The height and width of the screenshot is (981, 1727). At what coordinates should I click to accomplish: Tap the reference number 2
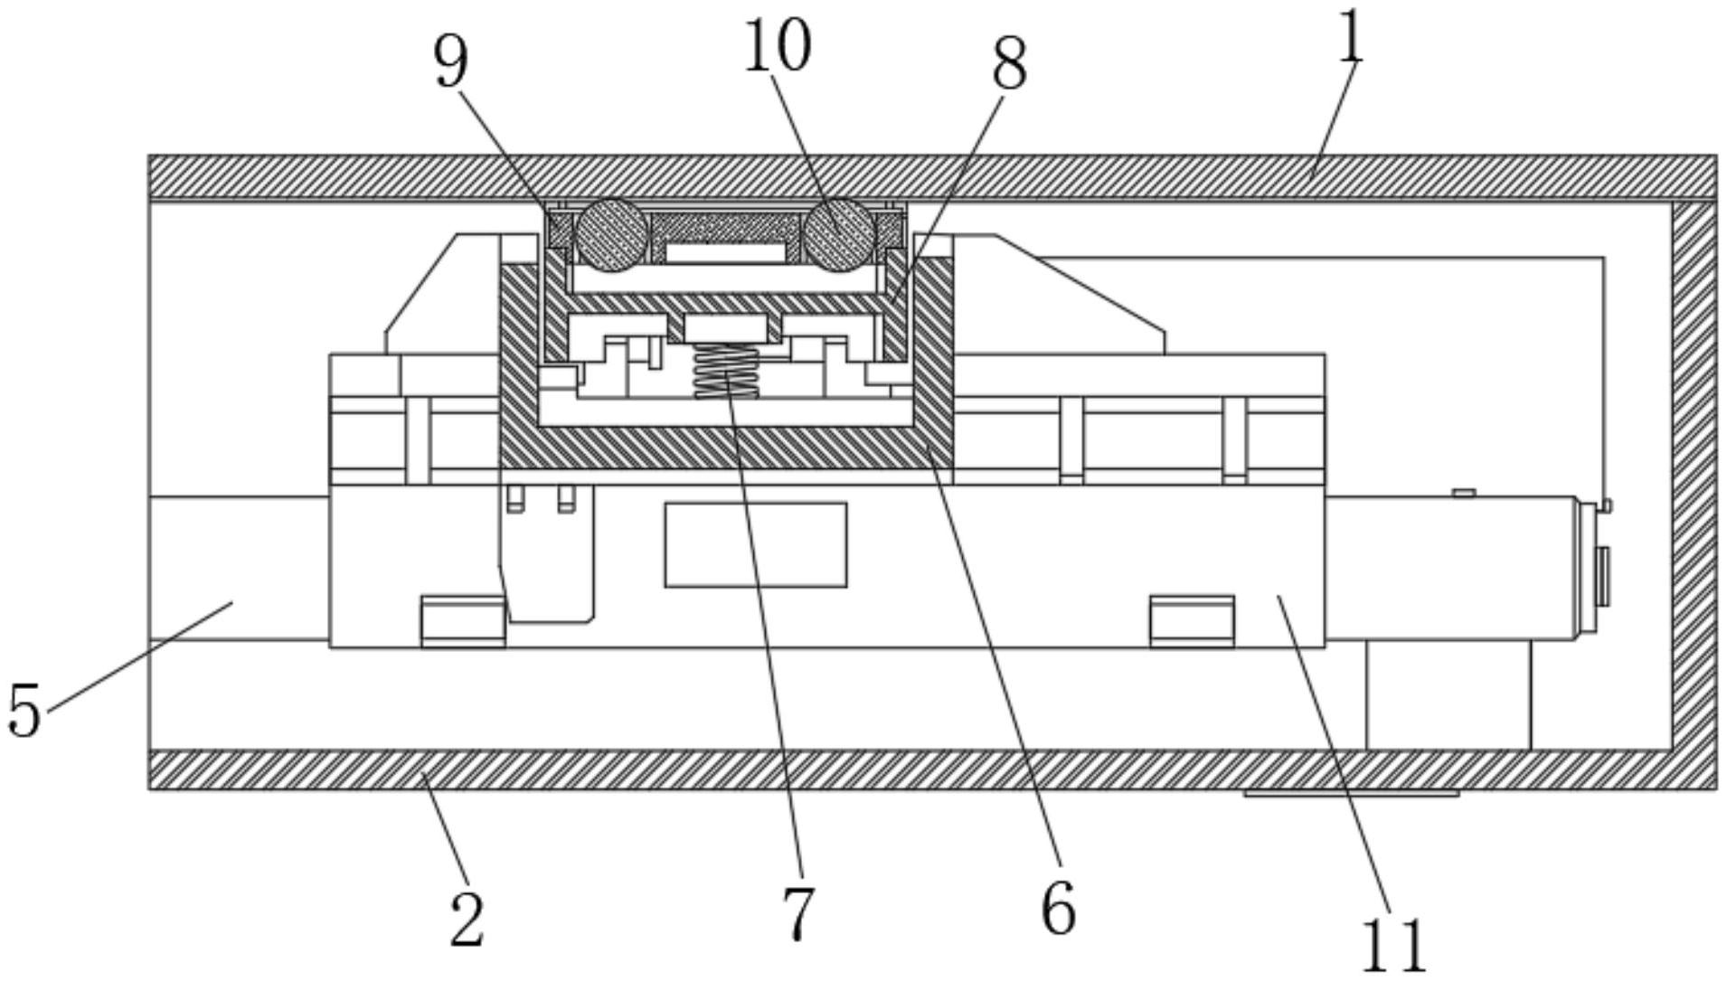pyautogui.click(x=467, y=920)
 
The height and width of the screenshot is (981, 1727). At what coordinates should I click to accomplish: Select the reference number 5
pyautogui.click(x=24, y=710)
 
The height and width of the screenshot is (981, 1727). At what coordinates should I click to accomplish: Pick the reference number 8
pyautogui.click(x=1009, y=65)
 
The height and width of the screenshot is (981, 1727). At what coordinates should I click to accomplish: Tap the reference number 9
pyautogui.click(x=452, y=63)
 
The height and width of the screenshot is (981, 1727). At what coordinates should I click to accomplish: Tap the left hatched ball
pyautogui.click(x=611, y=234)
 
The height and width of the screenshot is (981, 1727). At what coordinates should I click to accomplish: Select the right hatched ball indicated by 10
pyautogui.click(x=840, y=234)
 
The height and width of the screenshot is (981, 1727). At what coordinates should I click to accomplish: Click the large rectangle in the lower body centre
pyautogui.click(x=756, y=545)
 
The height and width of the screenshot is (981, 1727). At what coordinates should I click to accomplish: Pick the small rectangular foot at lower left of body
pyautogui.click(x=463, y=621)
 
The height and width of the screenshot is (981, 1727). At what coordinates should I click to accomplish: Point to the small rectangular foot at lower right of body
pyautogui.click(x=1192, y=621)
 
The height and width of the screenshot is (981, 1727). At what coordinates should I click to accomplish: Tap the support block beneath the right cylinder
pyautogui.click(x=1449, y=695)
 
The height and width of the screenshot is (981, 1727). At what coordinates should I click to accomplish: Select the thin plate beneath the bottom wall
pyautogui.click(x=1351, y=794)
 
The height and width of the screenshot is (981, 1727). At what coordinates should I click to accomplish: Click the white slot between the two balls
pyautogui.click(x=724, y=252)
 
